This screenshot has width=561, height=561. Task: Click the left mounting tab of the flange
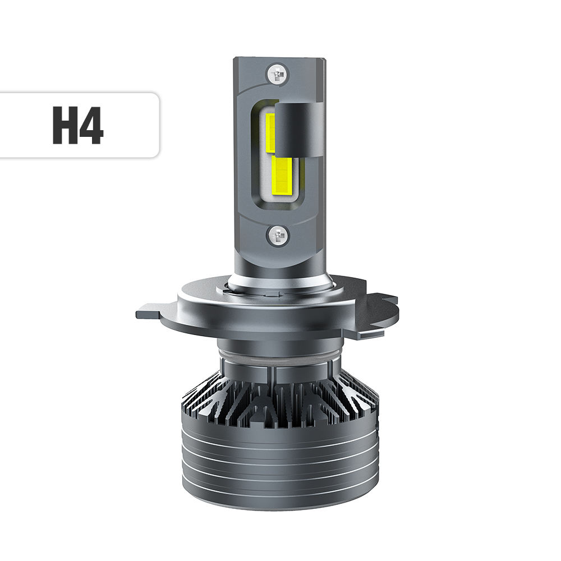tap(151, 311)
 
